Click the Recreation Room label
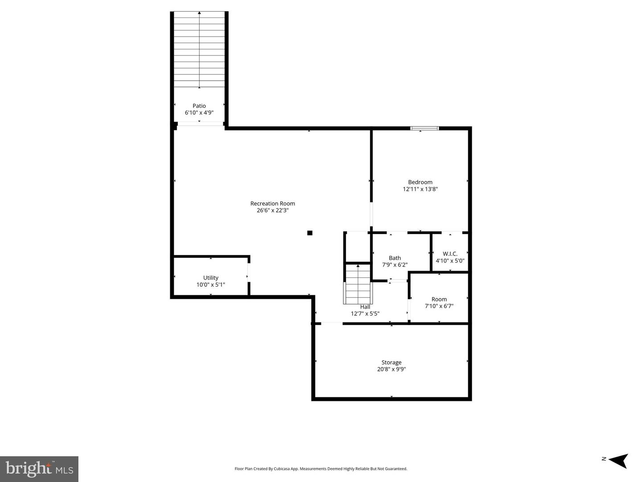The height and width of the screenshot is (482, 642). [x=272, y=204]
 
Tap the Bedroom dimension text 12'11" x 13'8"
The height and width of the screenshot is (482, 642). [x=420, y=189]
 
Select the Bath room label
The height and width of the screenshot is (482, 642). [x=395, y=258]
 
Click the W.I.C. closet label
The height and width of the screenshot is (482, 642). [x=450, y=254]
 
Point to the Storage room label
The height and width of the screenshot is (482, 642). [x=391, y=363]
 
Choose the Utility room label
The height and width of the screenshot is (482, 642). [x=210, y=278]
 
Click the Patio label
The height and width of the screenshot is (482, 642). [x=199, y=106]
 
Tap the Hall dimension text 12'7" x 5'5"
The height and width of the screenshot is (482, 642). [x=365, y=313]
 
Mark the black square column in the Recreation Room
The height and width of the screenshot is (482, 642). [x=310, y=233]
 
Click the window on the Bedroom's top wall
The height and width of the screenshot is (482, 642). [x=424, y=128]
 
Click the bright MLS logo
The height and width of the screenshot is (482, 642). [x=39, y=469]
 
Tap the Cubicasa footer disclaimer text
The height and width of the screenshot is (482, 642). [x=321, y=469]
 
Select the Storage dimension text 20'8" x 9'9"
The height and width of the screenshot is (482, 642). [x=391, y=369]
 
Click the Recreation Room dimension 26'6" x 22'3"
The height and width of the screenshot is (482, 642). [x=272, y=210]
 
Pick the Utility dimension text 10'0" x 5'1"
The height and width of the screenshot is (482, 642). [x=210, y=284]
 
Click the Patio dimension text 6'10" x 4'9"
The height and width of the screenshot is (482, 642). [x=199, y=113]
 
